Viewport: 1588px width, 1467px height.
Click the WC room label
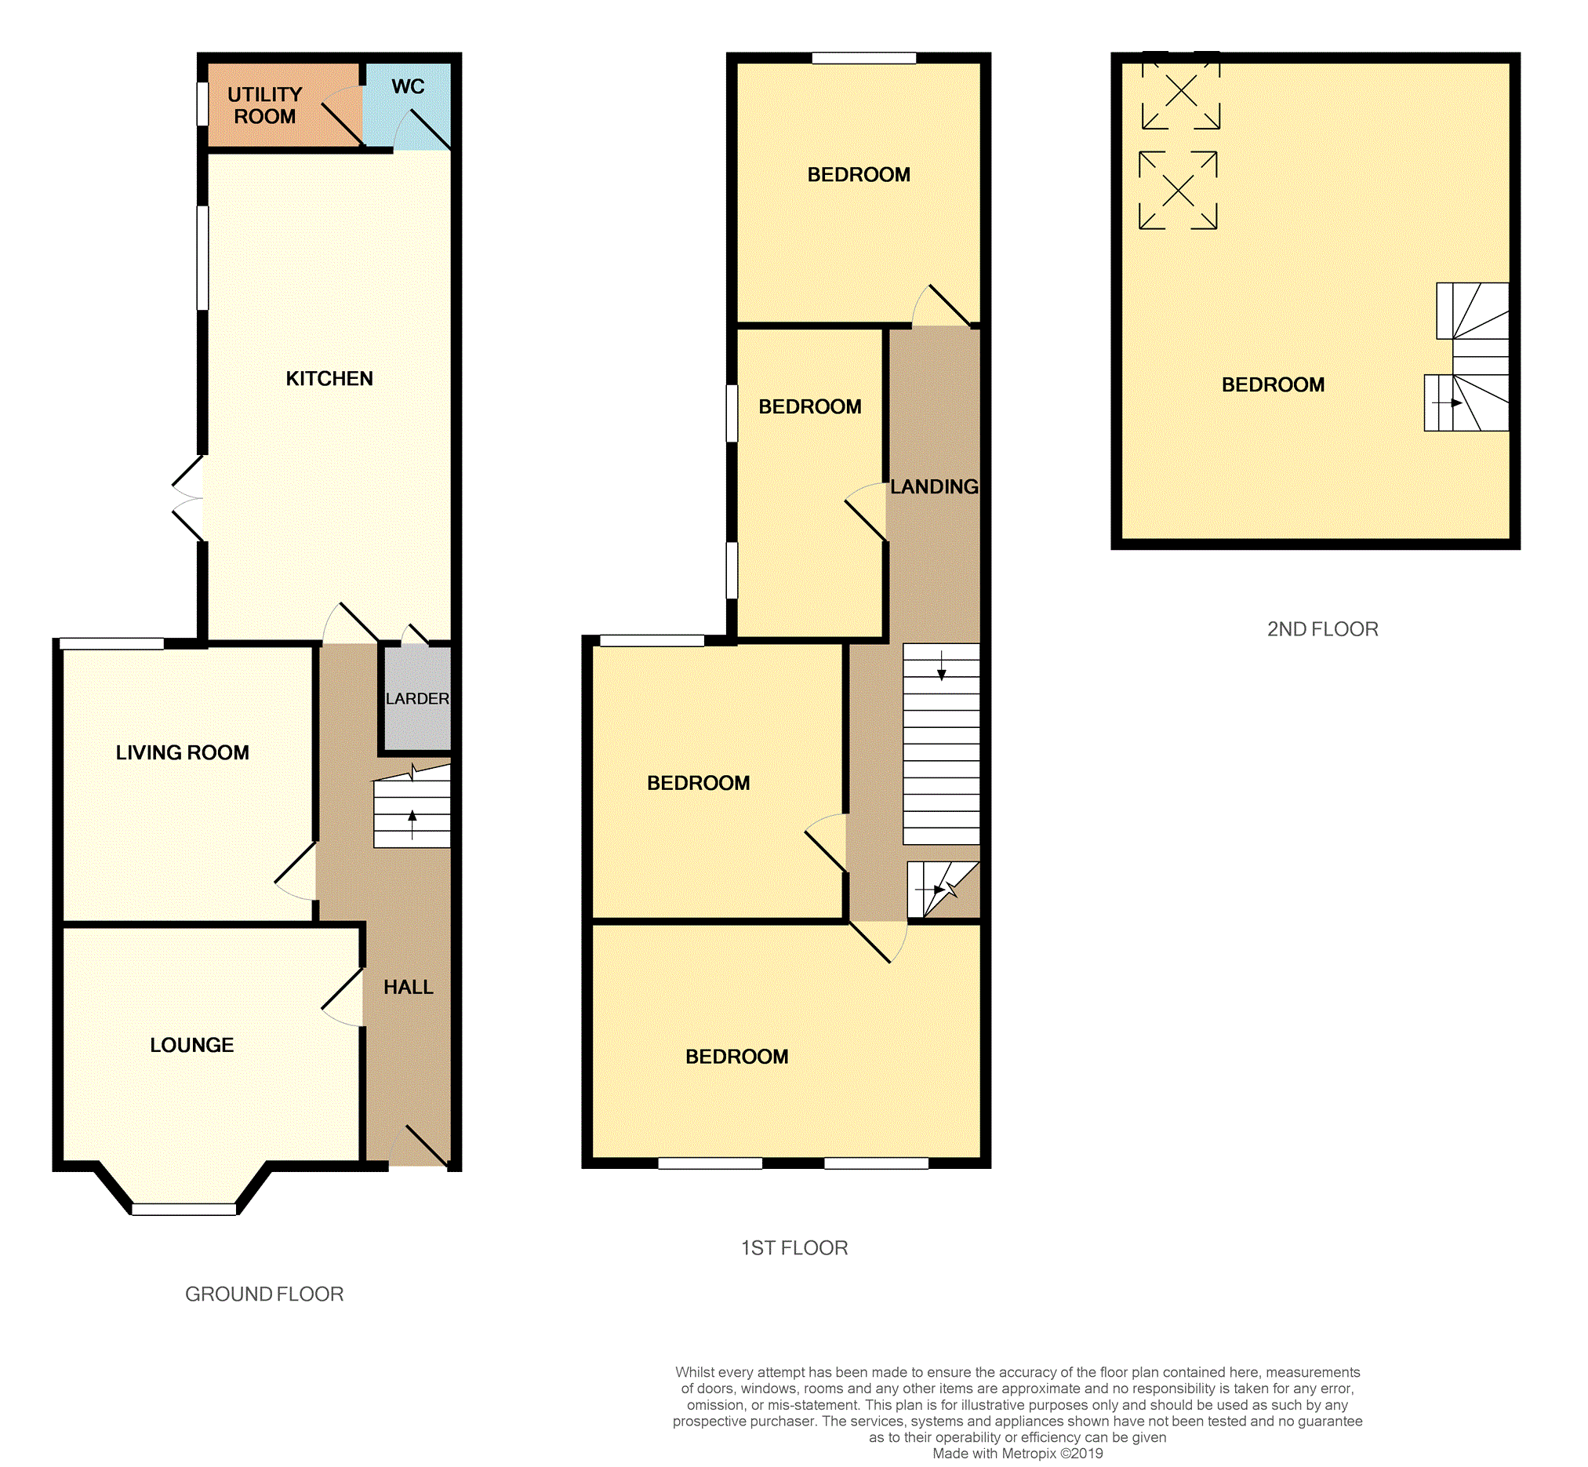coord(408,86)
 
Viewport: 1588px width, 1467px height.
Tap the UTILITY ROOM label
coord(264,106)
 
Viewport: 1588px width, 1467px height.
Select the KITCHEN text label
coord(329,379)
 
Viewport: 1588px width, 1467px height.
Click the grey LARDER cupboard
coord(417,698)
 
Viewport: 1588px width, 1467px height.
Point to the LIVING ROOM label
coord(183,752)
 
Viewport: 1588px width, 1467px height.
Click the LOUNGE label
coord(192,1045)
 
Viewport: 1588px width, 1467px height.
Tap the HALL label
coord(408,987)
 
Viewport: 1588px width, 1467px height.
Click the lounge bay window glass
coord(184,1209)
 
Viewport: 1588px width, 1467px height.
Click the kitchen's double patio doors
coord(188,498)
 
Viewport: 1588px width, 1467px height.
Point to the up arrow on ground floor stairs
coord(412,824)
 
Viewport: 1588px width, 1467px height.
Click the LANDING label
coord(934,486)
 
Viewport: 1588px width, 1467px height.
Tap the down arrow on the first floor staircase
coord(941,665)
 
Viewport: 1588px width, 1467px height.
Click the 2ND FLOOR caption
coord(1322,628)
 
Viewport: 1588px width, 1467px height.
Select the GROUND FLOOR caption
coord(264,1294)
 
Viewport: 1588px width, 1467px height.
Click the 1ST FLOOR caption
coord(794,1248)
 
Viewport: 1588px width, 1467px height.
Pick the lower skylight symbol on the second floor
coord(1178,191)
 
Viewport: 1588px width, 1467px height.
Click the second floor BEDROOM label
coord(1273,385)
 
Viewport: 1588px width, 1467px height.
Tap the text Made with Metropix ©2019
coord(1017,1454)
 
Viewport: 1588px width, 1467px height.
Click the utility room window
coord(202,104)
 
